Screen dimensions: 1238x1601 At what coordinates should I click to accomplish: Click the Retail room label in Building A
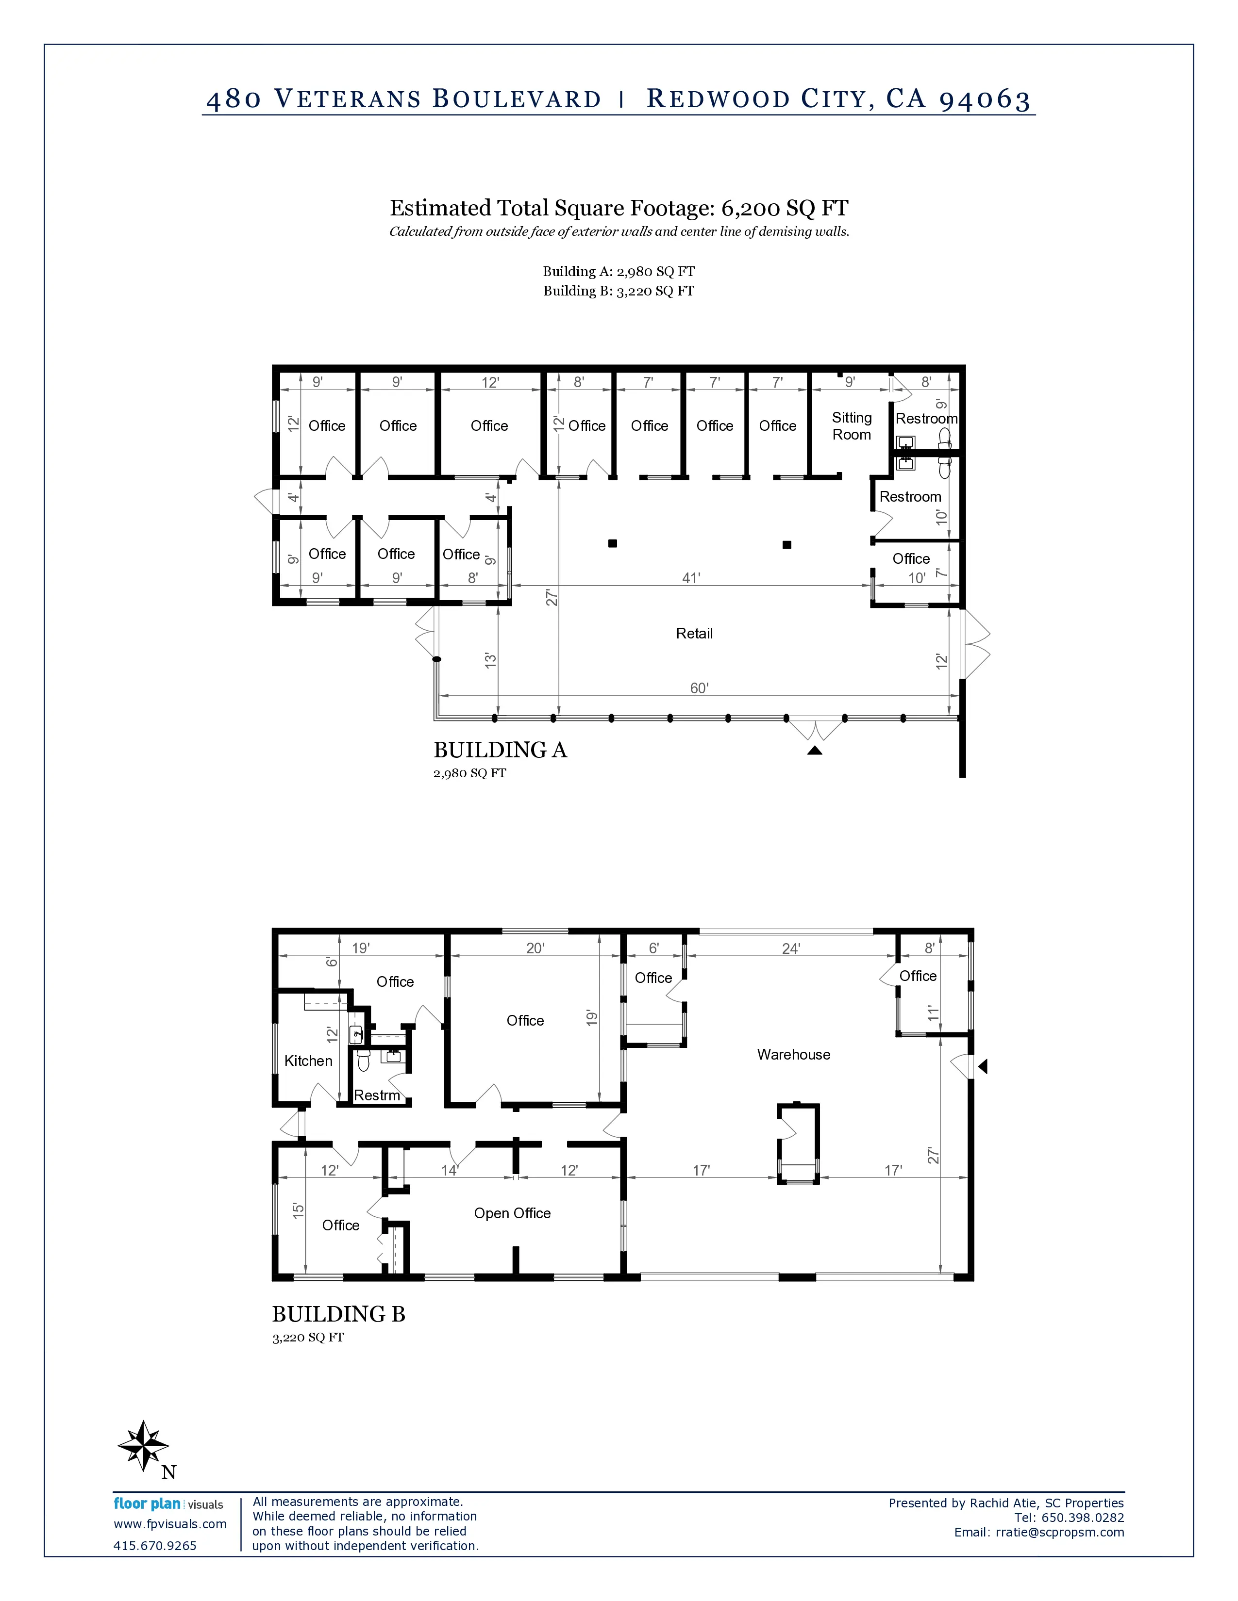pyautogui.click(x=694, y=633)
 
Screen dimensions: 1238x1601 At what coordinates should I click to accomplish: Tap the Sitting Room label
pyautogui.click(x=852, y=426)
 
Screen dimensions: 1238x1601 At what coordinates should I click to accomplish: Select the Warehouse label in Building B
pyautogui.click(x=794, y=1054)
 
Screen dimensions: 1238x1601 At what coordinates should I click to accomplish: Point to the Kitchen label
pyautogui.click(x=308, y=1061)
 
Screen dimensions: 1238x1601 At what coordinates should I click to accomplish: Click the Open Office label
pyautogui.click(x=512, y=1213)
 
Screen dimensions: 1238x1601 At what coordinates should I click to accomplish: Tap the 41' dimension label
pyautogui.click(x=691, y=578)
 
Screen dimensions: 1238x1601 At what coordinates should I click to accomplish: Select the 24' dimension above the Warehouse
pyautogui.click(x=790, y=948)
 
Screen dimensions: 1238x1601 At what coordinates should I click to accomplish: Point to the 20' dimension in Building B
pyautogui.click(x=535, y=948)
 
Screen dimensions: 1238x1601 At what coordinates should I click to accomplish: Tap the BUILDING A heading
pyautogui.click(x=500, y=750)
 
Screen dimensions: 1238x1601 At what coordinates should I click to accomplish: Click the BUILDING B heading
pyautogui.click(x=339, y=1314)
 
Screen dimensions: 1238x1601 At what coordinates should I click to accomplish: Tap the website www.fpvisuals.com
pyautogui.click(x=170, y=1524)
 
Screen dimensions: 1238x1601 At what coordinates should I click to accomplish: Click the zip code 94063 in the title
pyautogui.click(x=985, y=99)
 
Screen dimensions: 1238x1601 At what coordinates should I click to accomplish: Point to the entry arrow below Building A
pyautogui.click(x=815, y=750)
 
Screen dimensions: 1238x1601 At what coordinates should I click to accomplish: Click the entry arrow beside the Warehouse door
pyautogui.click(x=983, y=1066)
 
